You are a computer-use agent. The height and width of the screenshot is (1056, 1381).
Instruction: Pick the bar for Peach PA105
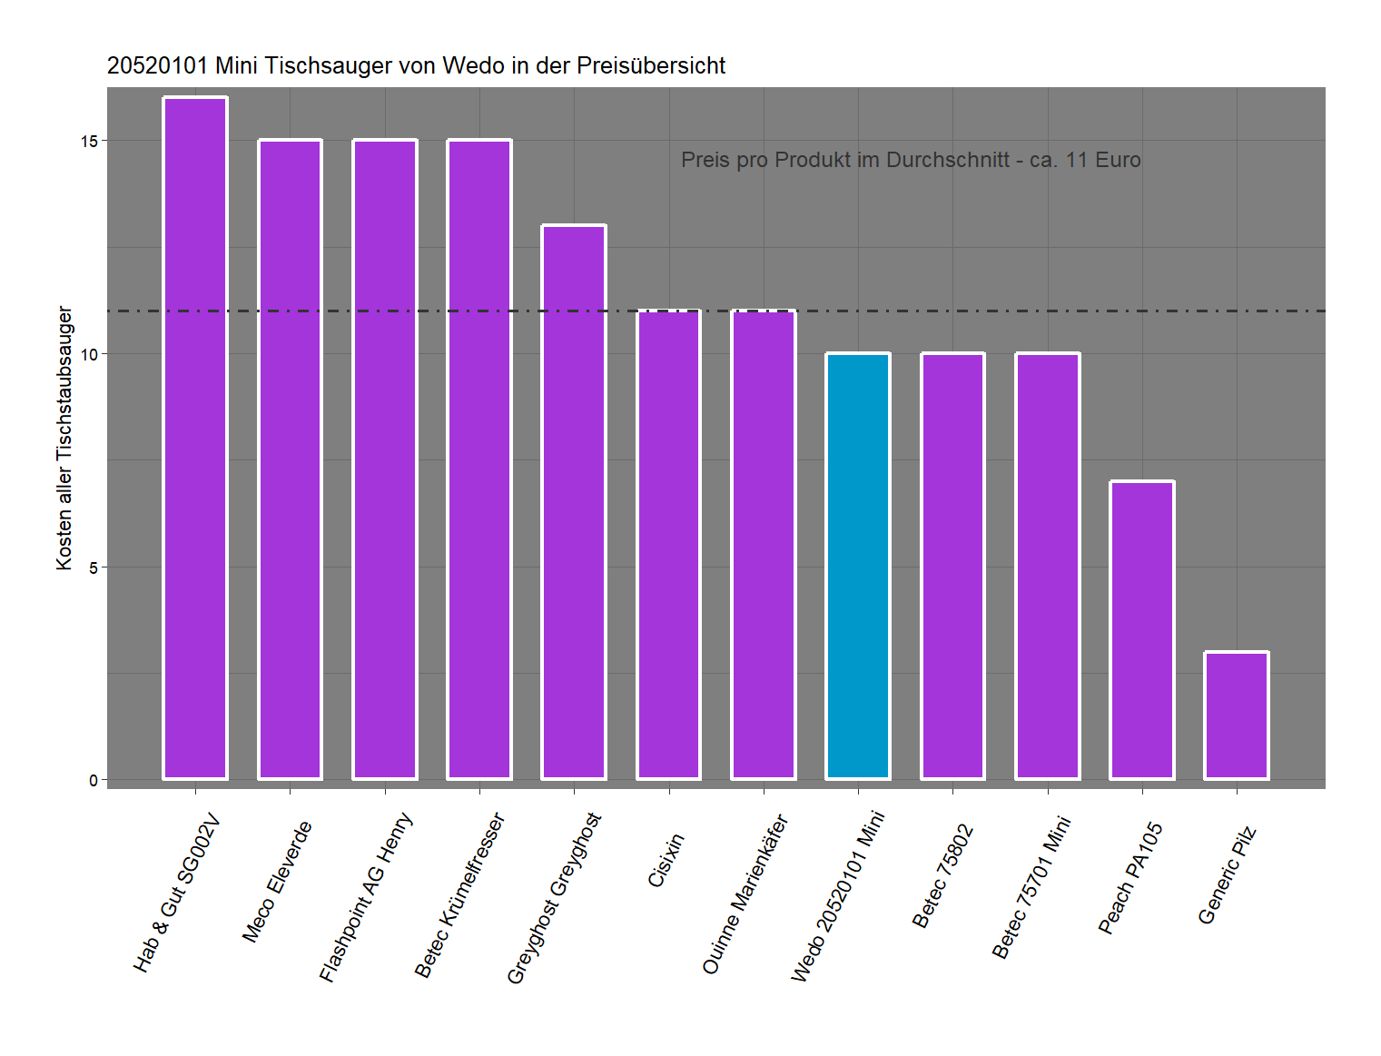(1142, 630)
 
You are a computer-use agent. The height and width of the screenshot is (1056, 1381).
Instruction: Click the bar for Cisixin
(669, 545)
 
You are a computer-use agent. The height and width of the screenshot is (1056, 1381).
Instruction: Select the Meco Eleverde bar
(290, 459)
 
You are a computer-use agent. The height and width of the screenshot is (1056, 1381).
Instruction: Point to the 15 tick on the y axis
(89, 142)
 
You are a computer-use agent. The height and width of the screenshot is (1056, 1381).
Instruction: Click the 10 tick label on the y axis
(89, 355)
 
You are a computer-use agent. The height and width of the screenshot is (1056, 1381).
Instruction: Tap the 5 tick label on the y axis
(94, 568)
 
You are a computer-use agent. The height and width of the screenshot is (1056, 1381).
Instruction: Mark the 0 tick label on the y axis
(94, 781)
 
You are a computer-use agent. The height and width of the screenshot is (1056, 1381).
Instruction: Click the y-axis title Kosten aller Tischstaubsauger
(64, 438)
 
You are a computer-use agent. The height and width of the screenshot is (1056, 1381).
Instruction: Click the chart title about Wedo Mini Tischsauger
(416, 66)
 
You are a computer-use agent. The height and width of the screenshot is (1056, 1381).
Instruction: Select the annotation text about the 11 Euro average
(911, 160)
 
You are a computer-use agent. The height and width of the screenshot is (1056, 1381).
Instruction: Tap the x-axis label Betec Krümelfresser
(459, 895)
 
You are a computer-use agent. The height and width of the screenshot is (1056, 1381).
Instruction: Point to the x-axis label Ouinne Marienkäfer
(745, 894)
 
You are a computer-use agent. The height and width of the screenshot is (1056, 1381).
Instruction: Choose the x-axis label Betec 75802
(942, 876)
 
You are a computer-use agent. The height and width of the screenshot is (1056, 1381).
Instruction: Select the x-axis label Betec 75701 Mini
(1031, 887)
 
